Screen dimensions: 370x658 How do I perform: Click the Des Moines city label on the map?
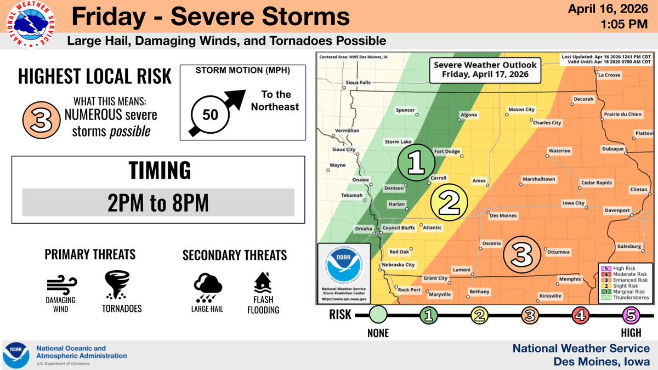click(503, 215)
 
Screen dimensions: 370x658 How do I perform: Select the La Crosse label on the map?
click(609, 75)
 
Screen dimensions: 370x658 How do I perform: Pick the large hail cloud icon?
click(208, 286)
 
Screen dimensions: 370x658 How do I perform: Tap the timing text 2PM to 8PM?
click(158, 203)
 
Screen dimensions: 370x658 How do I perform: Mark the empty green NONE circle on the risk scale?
click(378, 315)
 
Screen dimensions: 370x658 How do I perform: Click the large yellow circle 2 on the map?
click(449, 203)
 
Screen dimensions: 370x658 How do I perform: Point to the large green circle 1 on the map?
click(416, 163)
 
